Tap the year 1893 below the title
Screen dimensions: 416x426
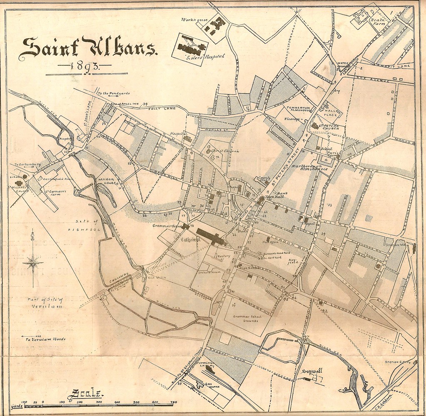click(85, 66)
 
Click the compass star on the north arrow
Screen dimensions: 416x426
click(33, 261)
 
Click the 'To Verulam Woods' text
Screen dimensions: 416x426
click(43, 339)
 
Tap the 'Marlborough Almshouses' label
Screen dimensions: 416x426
click(309, 168)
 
